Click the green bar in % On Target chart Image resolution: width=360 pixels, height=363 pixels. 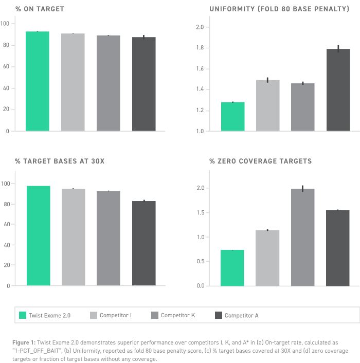37,81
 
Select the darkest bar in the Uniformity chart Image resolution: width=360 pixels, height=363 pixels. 338,90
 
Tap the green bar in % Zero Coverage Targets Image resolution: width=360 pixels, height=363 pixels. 232,268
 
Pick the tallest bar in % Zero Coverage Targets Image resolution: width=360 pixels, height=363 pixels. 302,238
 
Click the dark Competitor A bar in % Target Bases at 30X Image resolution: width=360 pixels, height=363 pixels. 144,243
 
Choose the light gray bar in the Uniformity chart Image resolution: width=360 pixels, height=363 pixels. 267,105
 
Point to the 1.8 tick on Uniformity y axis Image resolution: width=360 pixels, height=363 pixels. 200,48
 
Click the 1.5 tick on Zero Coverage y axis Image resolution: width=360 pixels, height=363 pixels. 201,212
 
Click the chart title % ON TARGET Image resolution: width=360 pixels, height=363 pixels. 40,9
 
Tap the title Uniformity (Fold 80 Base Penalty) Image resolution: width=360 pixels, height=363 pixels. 279,9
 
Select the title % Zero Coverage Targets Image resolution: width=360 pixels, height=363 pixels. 260,161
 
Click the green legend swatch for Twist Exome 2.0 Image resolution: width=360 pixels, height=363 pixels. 23,315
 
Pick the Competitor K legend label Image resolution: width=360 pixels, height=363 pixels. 178,315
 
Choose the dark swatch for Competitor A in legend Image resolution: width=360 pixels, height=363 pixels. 219,315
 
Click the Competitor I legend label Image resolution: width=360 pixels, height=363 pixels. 116,315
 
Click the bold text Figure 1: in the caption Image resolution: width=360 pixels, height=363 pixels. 24,342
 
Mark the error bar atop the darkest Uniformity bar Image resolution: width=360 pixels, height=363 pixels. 338,49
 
